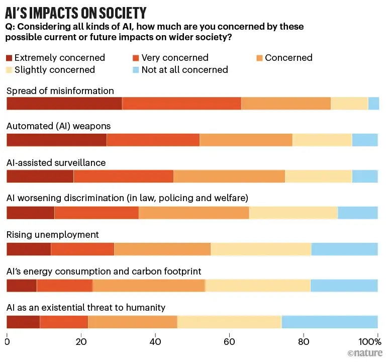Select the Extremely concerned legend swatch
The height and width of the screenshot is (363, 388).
pos(10,58)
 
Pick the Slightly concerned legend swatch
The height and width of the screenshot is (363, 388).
pos(10,70)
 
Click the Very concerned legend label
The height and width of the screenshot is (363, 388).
pos(174,58)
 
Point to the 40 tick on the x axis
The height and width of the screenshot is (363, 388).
pos(155,337)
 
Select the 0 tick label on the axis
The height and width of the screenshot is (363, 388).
pos(7,337)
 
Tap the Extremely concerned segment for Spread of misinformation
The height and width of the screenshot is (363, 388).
pos(64,104)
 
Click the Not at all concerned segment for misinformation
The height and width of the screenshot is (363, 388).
pos(373,104)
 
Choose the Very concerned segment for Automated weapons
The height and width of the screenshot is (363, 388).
pos(153,140)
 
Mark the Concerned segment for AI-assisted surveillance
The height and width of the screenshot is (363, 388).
pos(229,176)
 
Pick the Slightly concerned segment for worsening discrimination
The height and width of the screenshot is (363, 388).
pos(294,213)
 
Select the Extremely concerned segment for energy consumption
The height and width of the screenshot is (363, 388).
pos(21,286)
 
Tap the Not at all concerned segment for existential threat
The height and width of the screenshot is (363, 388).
pos(329,322)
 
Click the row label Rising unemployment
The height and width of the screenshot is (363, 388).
pos(53,235)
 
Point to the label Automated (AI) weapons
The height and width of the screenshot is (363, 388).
pos(58,126)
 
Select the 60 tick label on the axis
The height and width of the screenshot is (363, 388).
pos(230,337)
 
